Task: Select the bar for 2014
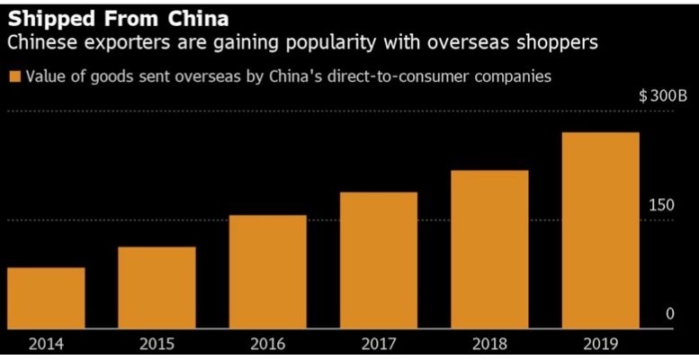coord(46,298)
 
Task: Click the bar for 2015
coord(157,287)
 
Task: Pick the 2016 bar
coord(268,272)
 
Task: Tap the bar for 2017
coord(379,260)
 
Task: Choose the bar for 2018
coord(489,249)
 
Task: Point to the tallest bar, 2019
coord(600,230)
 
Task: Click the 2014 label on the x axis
coord(46,344)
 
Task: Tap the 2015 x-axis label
coord(157,344)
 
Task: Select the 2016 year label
coord(268,344)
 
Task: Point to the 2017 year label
coord(379,344)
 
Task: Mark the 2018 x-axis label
coord(489,344)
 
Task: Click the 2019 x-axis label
coord(600,344)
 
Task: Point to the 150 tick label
coord(661,206)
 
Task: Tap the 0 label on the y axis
coord(669,314)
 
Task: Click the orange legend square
coord(13,76)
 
